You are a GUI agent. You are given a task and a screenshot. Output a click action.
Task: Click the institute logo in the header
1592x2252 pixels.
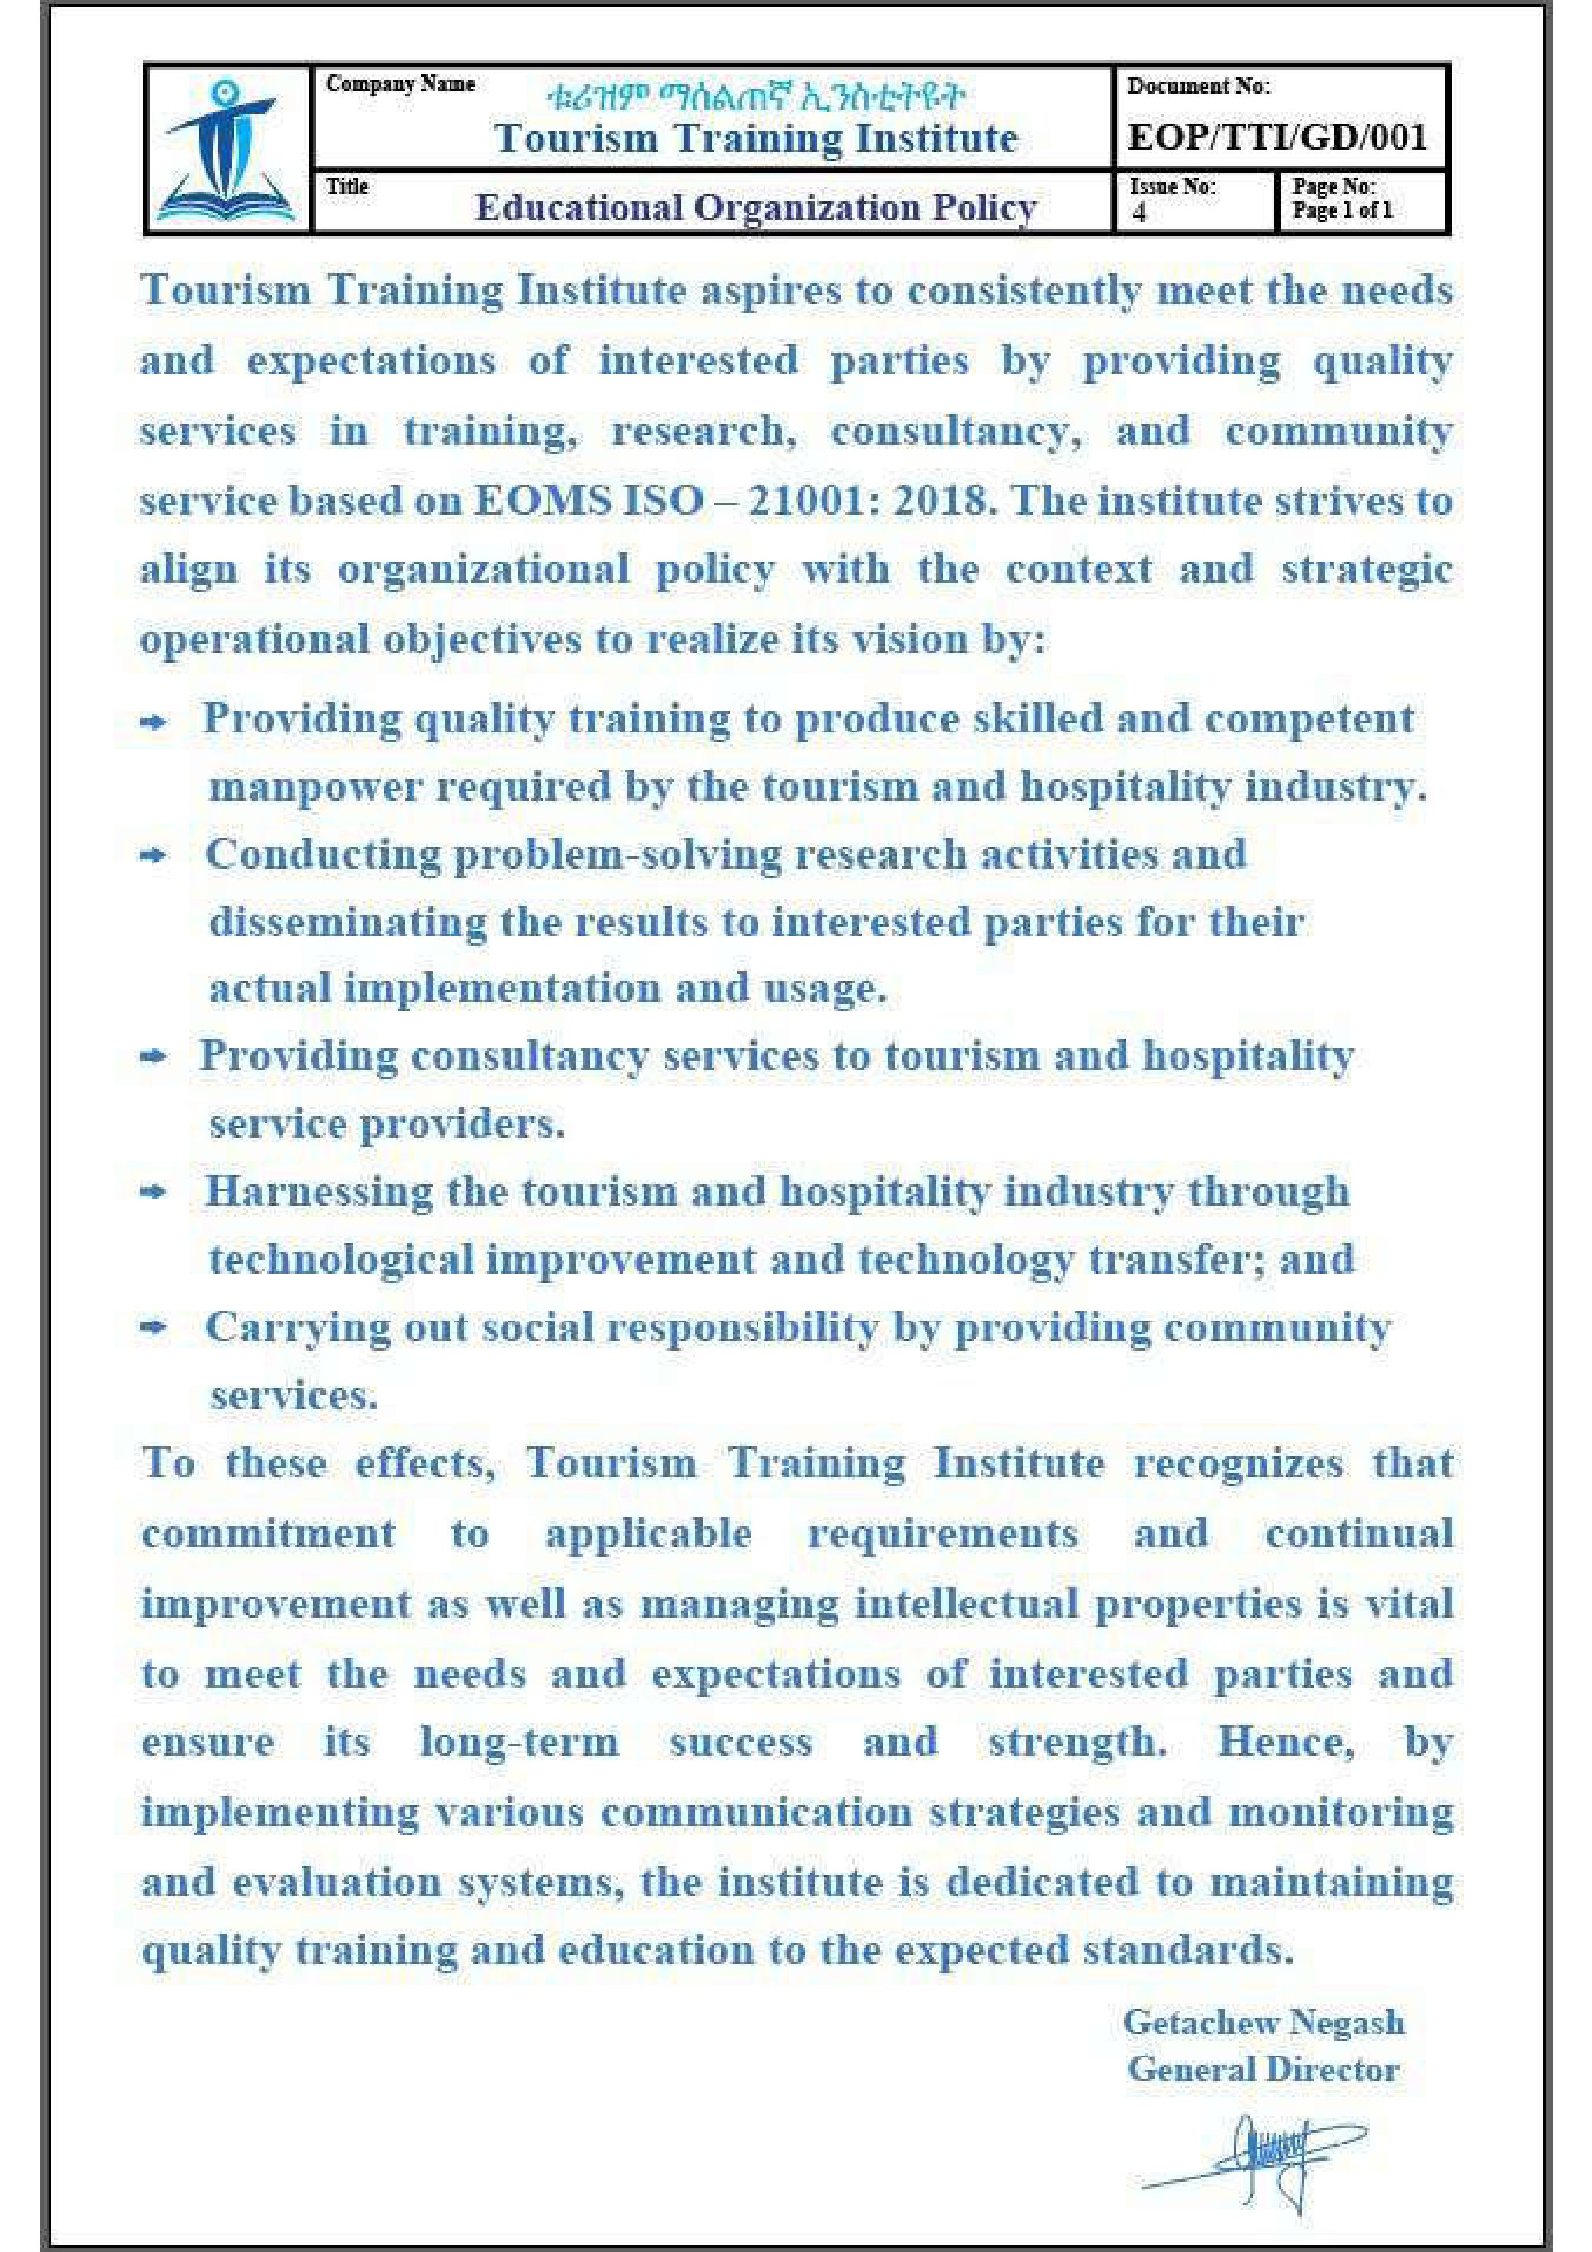(x=227, y=151)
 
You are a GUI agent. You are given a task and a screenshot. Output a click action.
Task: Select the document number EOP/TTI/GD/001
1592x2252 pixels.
(x=1277, y=136)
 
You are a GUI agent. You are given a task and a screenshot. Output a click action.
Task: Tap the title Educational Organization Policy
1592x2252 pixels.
(x=755, y=207)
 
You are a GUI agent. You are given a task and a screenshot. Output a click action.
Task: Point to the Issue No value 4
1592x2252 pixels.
(x=1140, y=213)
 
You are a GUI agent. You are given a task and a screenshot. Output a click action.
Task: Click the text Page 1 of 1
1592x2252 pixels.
(x=1342, y=210)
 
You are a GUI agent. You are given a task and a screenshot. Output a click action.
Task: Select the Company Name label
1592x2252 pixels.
(x=400, y=84)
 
